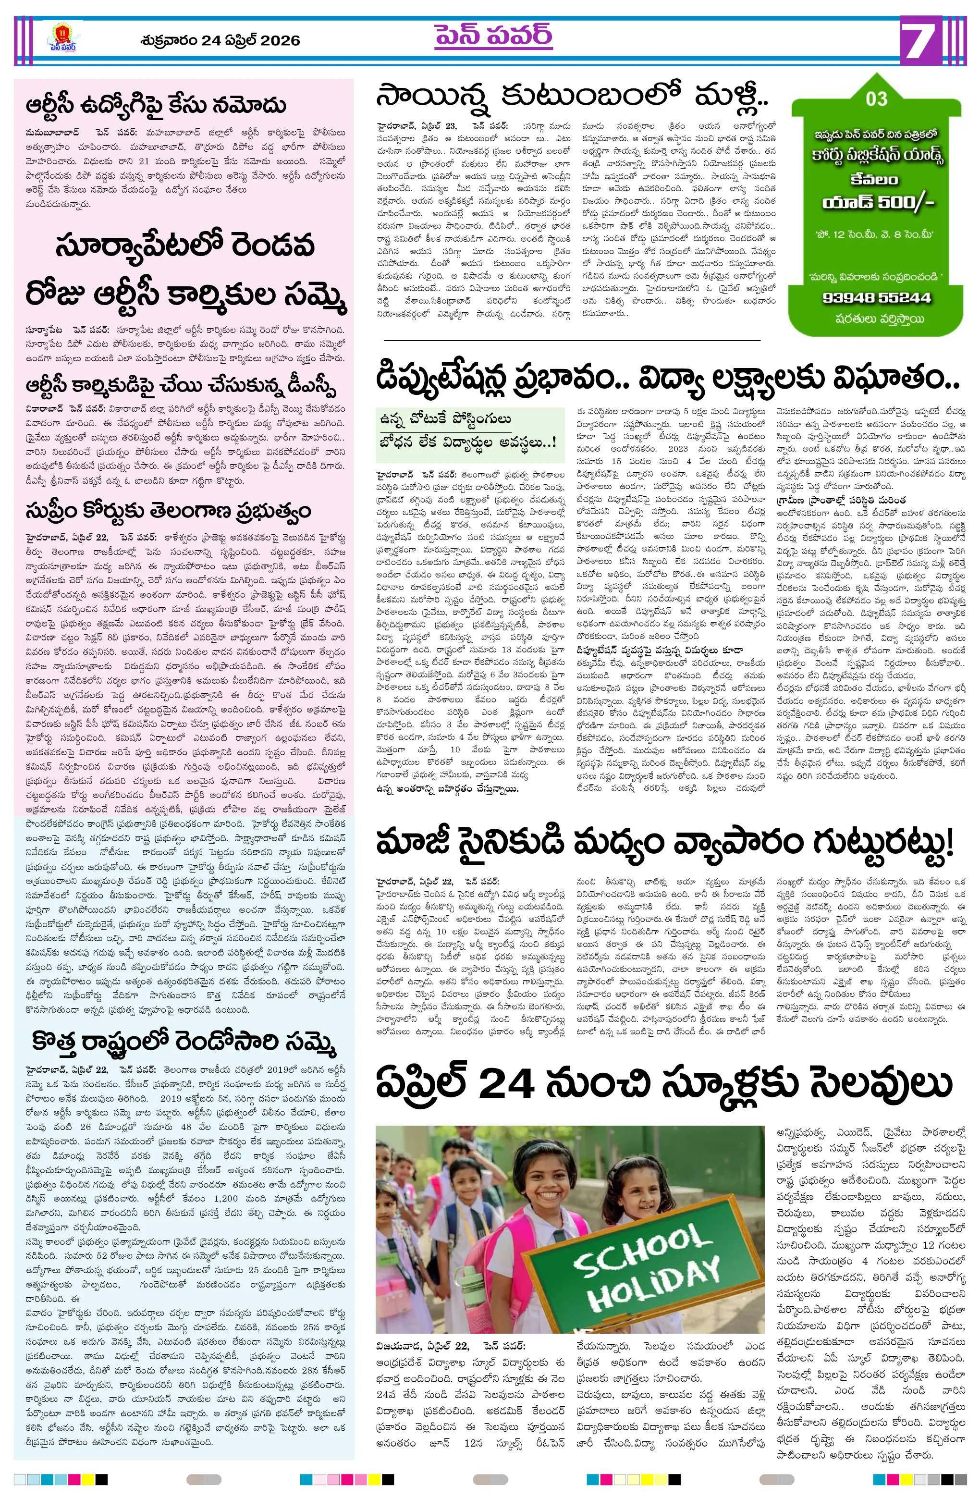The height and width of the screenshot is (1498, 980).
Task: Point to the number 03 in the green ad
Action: pyautogui.click(x=876, y=99)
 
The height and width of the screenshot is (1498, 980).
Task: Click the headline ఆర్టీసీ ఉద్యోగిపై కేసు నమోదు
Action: pyautogui.click(x=156, y=106)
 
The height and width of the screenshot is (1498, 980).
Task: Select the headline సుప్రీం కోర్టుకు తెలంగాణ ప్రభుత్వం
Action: pyautogui.click(x=168, y=511)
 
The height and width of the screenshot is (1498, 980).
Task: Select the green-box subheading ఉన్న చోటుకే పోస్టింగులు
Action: pyautogui.click(x=445, y=419)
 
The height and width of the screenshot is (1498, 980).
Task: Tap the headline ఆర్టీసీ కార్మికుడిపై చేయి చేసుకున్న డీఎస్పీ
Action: pyautogui.click(x=181, y=385)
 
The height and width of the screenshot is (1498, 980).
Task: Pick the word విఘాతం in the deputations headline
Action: pyautogui.click(x=895, y=378)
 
